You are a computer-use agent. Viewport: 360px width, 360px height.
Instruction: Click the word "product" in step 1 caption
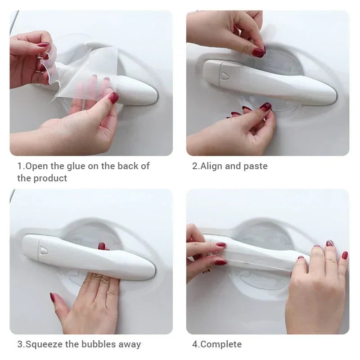tap(50, 178)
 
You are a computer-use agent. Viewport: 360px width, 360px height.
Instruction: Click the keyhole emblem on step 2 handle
tap(225, 75)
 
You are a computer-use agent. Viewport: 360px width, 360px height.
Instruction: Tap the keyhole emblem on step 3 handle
tap(44, 251)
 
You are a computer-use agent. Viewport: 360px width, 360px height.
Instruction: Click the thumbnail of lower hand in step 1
tap(113, 98)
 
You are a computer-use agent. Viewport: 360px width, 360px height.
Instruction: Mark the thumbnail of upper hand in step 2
tap(259, 52)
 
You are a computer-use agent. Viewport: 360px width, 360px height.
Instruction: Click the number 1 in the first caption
tap(20, 166)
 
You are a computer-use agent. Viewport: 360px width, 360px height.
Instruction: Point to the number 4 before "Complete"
tap(195, 344)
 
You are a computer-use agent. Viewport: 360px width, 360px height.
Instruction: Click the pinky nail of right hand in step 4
tap(345, 255)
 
